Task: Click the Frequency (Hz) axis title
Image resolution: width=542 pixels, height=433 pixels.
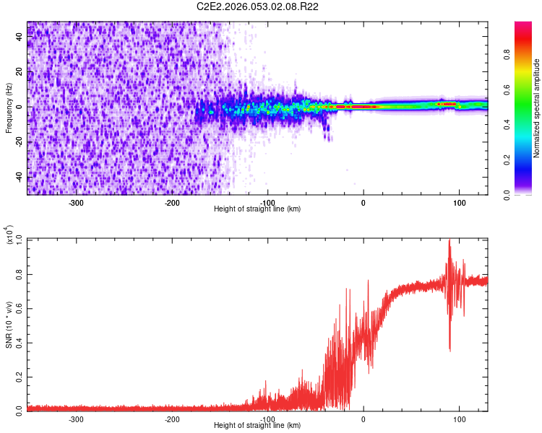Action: [x=9, y=108]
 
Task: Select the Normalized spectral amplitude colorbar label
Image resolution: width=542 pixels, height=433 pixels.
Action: [x=536, y=108]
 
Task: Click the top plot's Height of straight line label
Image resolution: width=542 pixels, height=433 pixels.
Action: [x=257, y=209]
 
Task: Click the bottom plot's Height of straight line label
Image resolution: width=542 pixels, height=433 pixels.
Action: [x=257, y=425]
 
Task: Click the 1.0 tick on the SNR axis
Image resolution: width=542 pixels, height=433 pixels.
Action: [x=20, y=239]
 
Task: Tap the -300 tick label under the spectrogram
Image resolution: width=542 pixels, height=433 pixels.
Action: [x=77, y=202]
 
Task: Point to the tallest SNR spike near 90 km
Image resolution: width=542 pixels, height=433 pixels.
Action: [x=449, y=241]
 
